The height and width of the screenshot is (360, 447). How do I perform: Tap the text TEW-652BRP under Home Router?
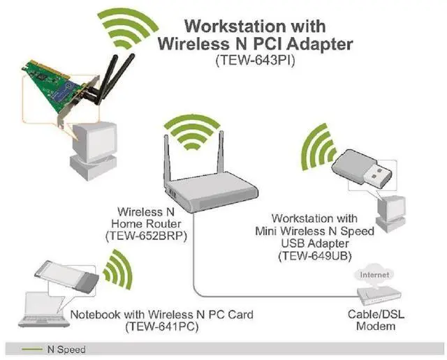click(x=145, y=236)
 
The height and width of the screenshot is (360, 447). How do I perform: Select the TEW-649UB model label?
click(x=314, y=257)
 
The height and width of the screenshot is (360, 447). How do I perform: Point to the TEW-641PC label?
click(x=161, y=327)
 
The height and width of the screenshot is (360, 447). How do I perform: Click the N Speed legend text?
click(x=66, y=350)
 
